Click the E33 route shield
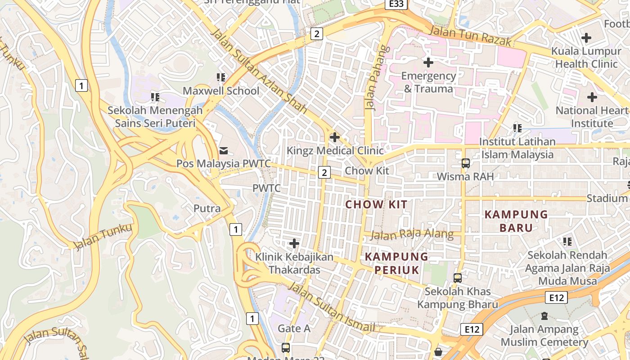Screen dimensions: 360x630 click(396, 4)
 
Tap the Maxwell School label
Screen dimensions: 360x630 click(221, 91)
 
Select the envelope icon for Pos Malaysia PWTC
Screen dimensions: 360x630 click(224, 150)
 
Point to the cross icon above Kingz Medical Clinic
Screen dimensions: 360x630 click(335, 137)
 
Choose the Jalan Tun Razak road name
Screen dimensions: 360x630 click(470, 36)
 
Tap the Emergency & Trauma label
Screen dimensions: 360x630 click(428, 82)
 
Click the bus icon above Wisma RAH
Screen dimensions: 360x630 click(466, 163)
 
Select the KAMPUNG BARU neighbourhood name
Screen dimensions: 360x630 click(516, 221)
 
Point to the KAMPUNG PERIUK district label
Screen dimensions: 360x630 click(396, 263)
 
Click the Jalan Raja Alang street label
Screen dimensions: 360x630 click(412, 234)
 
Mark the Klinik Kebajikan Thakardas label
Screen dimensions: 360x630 click(295, 263)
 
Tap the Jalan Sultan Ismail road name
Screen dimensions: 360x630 click(331, 307)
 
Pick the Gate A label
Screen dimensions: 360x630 click(294, 328)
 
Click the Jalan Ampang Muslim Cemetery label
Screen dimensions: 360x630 click(544, 336)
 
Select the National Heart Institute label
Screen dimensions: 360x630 click(592, 117)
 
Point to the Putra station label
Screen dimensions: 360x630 click(207, 208)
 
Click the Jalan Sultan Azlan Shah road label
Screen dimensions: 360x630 click(259, 71)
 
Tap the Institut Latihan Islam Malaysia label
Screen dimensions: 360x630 click(517, 148)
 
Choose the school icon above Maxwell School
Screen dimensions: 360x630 click(221, 77)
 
